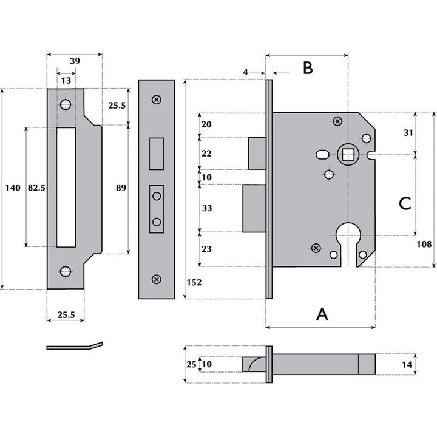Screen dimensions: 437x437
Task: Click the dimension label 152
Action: pos(194,283)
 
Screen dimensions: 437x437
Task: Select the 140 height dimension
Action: pos(12,188)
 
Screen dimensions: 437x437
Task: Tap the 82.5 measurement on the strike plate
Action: pos(36,188)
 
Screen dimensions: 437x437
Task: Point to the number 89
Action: pos(120,188)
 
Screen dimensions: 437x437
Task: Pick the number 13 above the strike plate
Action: pos(65,80)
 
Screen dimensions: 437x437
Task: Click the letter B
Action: pos(308,68)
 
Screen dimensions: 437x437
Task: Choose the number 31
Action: pos(408,133)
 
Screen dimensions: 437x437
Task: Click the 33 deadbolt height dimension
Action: pos(206,208)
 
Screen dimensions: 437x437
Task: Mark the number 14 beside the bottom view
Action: pos(407,364)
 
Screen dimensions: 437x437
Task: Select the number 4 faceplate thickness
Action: pos(245,72)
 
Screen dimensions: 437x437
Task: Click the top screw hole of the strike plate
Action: pos(65,105)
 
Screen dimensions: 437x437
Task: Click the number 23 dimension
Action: pos(206,248)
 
